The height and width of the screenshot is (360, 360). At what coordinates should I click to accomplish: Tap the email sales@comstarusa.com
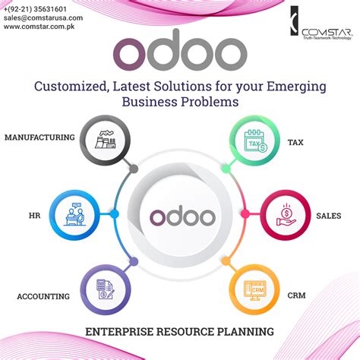pos(43,17)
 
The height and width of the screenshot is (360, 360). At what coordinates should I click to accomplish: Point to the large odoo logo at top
pos(181,50)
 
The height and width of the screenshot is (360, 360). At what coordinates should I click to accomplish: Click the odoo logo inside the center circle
pos(180,216)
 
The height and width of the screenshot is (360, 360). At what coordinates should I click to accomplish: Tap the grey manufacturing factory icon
pos(104,141)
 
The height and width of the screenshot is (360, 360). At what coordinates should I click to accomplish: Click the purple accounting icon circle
pos(104,289)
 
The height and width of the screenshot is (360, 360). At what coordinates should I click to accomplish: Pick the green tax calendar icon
pos(255,141)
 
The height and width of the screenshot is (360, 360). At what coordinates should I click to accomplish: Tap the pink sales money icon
pos(286,215)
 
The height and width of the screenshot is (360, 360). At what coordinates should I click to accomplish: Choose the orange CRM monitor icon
pos(255,289)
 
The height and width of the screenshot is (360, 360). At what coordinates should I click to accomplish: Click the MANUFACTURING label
pos(39,137)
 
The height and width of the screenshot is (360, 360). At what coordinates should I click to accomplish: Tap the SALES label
pos(328,216)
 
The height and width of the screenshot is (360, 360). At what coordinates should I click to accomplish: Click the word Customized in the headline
pos(71,85)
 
